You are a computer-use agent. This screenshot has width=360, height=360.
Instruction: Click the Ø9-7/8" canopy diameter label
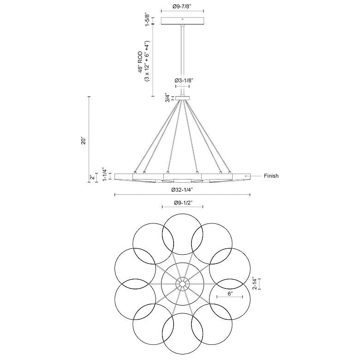coord(182,6)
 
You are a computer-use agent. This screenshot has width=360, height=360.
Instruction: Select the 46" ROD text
coord(140,62)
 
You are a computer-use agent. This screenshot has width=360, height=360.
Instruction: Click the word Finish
coord(271,176)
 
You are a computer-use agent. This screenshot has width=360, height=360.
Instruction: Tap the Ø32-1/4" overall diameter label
coord(182,190)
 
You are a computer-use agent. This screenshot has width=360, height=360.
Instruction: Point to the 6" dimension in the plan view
coord(230,294)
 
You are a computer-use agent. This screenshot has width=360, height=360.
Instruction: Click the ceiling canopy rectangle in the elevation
coord(182,21)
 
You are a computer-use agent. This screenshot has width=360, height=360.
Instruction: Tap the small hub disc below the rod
coord(182,98)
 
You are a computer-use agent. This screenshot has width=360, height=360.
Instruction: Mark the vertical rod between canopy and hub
coord(182,60)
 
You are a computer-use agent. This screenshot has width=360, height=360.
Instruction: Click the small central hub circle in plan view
coord(182,284)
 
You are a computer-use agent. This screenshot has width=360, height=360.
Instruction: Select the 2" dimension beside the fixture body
coord(92,177)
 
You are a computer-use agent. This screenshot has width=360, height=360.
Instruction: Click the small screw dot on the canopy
coord(182,19)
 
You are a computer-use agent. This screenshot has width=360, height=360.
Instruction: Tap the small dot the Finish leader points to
coord(246,176)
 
